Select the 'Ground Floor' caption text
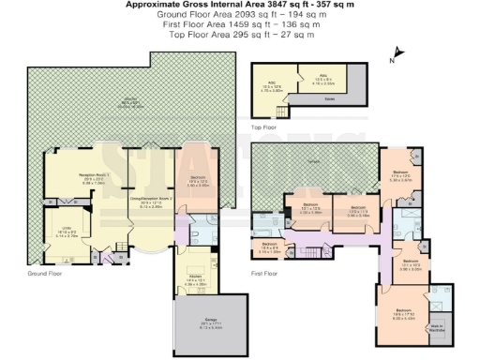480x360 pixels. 43,274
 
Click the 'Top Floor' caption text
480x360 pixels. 264,126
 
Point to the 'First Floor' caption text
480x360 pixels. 265,273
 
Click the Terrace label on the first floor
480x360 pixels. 311,162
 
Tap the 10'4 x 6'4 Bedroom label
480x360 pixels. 269,248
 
